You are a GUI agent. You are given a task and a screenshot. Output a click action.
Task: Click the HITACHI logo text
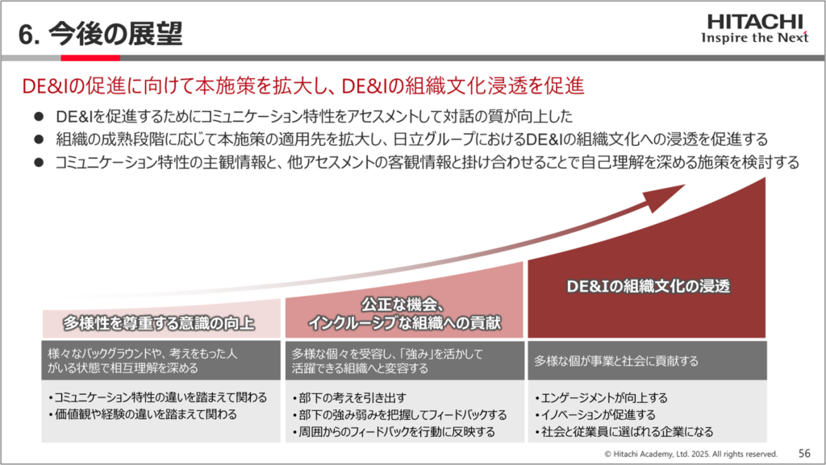point(755,22)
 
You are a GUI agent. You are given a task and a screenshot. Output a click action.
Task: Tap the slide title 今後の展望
point(115,34)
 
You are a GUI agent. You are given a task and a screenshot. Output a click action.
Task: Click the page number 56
point(804,453)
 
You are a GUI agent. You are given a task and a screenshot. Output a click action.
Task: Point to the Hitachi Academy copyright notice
point(690,454)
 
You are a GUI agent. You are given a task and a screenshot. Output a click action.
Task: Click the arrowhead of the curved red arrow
point(665,197)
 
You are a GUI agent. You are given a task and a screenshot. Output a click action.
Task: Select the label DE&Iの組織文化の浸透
point(648,286)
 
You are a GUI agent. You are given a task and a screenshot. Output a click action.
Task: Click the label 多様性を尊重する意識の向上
point(159,322)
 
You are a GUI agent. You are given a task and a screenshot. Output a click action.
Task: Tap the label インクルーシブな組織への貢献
point(404,322)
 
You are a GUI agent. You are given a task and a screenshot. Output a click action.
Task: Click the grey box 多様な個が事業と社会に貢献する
point(647,361)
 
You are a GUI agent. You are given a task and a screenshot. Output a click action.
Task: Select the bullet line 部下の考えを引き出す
point(349,397)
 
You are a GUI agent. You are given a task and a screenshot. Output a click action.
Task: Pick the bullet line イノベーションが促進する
point(595,414)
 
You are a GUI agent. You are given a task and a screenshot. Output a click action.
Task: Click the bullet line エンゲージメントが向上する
point(601,397)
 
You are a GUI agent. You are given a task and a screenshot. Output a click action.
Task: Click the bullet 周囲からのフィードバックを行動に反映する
point(394,432)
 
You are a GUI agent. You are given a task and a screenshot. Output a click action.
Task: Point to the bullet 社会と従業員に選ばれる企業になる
point(624,432)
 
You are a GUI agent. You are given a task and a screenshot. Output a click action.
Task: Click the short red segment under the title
point(90,58)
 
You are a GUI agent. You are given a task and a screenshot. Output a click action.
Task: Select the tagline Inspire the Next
point(754,37)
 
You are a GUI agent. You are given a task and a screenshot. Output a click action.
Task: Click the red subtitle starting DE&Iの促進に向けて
point(303,85)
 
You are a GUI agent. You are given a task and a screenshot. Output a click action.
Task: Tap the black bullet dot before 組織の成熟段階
point(39,139)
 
